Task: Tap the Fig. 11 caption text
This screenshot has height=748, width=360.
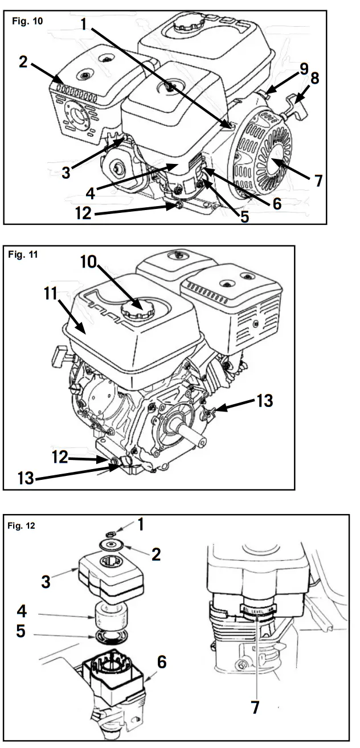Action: point(23,254)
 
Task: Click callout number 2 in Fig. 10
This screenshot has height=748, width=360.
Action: point(23,61)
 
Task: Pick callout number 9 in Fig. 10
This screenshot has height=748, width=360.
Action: point(304,68)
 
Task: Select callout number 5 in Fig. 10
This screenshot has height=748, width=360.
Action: point(245,216)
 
